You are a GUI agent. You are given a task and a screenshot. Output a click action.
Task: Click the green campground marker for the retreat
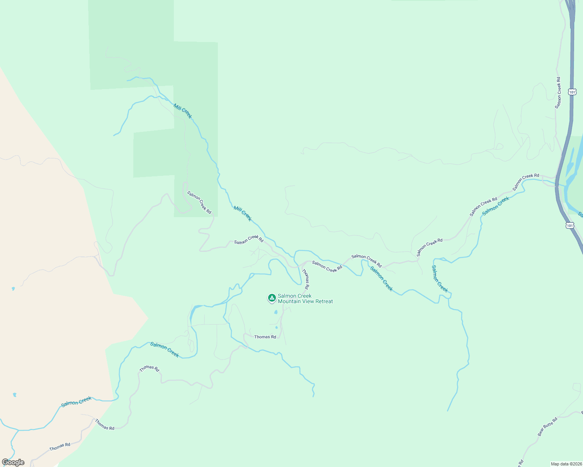click(x=272, y=298)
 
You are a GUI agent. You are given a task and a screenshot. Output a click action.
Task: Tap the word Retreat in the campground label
click(x=323, y=302)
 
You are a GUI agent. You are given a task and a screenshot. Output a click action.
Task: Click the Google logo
click(x=13, y=462)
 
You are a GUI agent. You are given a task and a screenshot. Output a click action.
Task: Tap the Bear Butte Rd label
click(x=548, y=426)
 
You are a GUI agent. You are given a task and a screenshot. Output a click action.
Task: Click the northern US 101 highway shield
click(x=572, y=92)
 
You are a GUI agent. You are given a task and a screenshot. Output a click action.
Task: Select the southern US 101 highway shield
click(x=570, y=225)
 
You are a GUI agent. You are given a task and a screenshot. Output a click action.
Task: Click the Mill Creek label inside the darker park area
click(x=183, y=111)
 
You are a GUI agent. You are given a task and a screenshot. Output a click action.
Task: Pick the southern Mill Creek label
click(x=242, y=213)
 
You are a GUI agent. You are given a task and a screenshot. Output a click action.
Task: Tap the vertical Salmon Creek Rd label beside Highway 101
click(x=558, y=93)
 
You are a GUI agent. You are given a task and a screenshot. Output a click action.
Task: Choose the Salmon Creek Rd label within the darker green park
click(x=199, y=202)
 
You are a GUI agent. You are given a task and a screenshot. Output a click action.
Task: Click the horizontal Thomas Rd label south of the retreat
click(x=265, y=337)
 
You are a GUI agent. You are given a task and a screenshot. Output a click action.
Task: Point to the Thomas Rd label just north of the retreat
click(x=306, y=279)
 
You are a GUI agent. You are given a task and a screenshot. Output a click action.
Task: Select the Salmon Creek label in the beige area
click(x=76, y=401)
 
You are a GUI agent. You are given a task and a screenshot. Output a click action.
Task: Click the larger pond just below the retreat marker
click(x=276, y=312)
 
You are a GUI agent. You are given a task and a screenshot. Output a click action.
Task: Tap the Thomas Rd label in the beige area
click(x=60, y=447)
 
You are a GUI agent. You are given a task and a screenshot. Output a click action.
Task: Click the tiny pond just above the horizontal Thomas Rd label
click(x=276, y=327)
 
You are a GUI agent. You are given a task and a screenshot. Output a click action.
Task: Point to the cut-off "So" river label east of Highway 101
click(x=580, y=214)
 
